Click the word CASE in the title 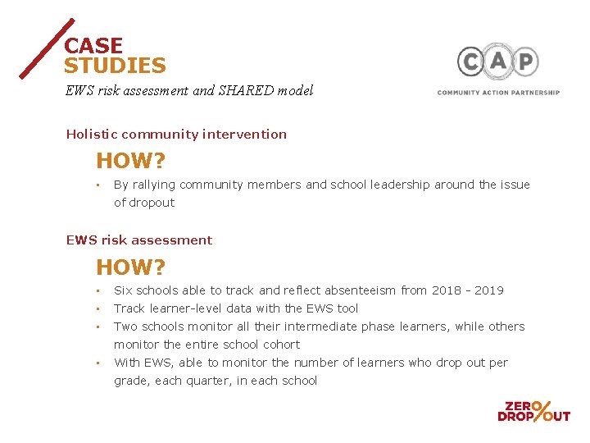[x=93, y=46]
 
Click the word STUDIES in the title [x=115, y=66]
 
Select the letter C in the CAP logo [x=470, y=62]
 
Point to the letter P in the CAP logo [x=525, y=62]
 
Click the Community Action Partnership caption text [x=498, y=93]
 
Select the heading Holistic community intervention [x=176, y=134]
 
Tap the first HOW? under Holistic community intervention [x=131, y=161]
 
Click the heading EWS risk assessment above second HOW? [x=138, y=240]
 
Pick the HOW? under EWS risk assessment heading [x=131, y=267]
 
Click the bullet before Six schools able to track [x=97, y=290]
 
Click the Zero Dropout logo [x=533, y=411]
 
